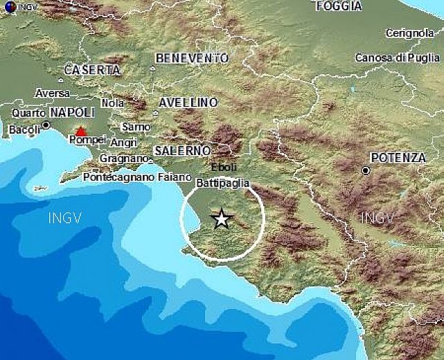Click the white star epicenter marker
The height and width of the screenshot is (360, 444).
[221, 219]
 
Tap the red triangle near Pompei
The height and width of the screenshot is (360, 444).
[82, 131]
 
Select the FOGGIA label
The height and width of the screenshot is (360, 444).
[338, 6]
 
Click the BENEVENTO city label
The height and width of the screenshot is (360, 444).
[192, 59]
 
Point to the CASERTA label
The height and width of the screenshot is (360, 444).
[92, 70]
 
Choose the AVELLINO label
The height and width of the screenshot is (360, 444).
[188, 102]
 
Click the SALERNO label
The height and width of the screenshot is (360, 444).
[182, 150]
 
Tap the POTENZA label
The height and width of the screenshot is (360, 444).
[398, 158]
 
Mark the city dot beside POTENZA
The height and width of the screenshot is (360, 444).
[365, 170]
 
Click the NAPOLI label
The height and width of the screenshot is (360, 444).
[72, 112]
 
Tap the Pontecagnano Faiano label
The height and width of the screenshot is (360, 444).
[127, 177]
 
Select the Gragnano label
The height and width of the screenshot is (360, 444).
[124, 159]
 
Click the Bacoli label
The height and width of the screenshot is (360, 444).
[24, 129]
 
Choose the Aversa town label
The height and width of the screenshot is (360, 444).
[53, 93]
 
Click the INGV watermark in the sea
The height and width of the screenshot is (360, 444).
[65, 218]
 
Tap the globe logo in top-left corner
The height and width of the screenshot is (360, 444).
[6, 6]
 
